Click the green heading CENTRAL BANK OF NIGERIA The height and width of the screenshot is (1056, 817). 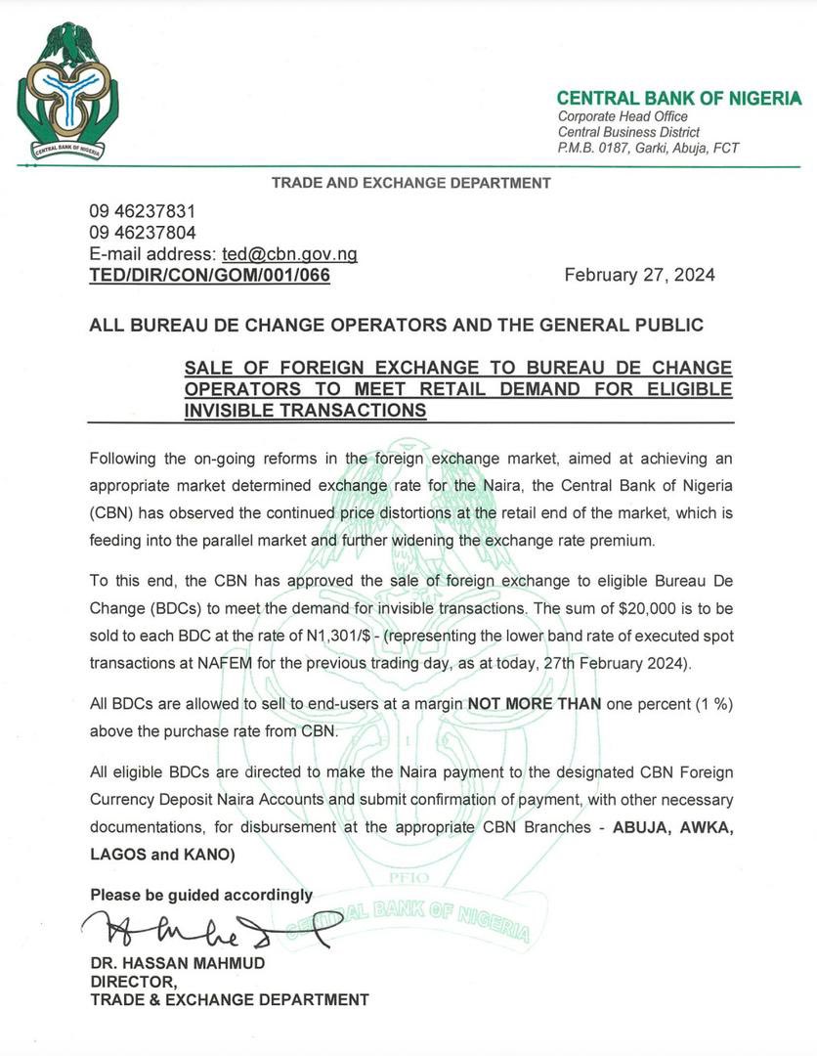(x=678, y=99)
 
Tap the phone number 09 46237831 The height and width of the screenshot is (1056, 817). (x=143, y=212)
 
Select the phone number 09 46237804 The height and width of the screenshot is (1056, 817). (x=143, y=233)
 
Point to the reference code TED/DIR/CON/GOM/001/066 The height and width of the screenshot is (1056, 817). (x=209, y=276)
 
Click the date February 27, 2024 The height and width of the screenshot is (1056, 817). (x=639, y=275)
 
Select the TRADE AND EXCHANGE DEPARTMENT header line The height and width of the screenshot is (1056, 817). (x=410, y=183)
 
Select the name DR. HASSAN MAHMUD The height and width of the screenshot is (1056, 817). (x=177, y=963)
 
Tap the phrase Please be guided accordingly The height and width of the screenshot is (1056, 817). (x=201, y=895)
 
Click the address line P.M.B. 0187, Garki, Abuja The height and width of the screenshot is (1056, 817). (x=648, y=148)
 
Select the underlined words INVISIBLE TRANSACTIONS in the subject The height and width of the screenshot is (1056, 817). (x=305, y=412)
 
